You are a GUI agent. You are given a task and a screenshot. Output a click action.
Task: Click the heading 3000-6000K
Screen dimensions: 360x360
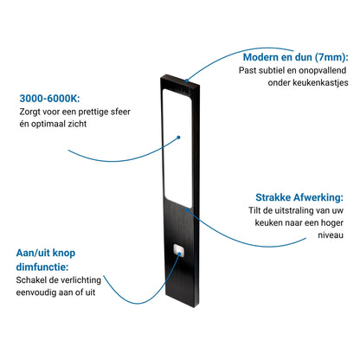coord(49,99)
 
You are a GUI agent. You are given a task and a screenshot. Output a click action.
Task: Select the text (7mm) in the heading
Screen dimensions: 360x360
coord(331,57)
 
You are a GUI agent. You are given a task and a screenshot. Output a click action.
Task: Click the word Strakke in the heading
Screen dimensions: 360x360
coord(273,197)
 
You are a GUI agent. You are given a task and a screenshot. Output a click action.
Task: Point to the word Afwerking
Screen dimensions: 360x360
coord(318,198)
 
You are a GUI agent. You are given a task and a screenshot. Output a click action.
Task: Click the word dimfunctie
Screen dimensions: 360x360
coord(42,267)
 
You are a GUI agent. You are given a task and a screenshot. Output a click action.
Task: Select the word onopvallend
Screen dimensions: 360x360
coord(323,70)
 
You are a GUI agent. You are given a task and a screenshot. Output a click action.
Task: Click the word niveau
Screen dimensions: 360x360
coord(331,235)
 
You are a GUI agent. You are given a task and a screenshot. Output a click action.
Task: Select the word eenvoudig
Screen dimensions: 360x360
coord(35,292)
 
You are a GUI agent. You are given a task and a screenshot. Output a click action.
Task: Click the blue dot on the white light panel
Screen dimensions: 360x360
coord(178,138)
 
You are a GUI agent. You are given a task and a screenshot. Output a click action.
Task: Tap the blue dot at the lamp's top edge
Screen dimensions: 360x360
coord(187,80)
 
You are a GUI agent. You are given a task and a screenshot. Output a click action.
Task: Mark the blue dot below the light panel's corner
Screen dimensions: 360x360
coord(187,209)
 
